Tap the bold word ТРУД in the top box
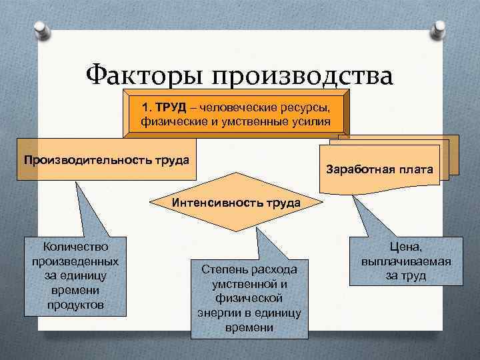click(x=169, y=108)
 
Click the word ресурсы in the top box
click(x=305, y=108)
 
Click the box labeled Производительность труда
click(x=106, y=160)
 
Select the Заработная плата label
click(x=380, y=170)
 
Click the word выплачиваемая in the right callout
click(x=406, y=261)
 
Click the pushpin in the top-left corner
click(x=40, y=29)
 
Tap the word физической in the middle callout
click(x=249, y=298)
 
